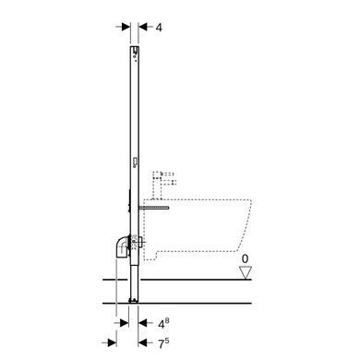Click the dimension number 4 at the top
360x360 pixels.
click(159, 28)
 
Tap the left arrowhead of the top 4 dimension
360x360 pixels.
click(126, 27)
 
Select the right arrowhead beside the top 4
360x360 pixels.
click(142, 27)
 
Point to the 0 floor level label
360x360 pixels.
click(245, 258)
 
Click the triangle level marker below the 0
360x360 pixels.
click(246, 272)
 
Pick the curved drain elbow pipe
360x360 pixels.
click(124, 247)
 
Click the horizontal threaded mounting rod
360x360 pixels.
click(154, 208)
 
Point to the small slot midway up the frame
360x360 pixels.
click(135, 162)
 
